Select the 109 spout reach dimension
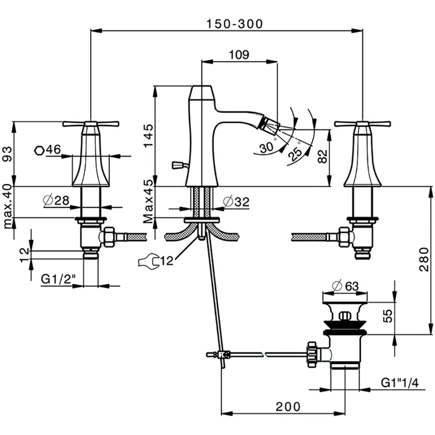(239, 55)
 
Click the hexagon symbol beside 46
(39, 149)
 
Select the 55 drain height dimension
(386, 316)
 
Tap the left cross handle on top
(91, 124)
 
